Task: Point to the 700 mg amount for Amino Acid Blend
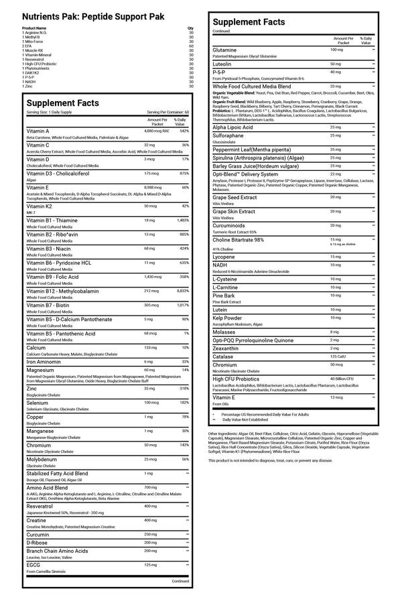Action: tap(149, 487)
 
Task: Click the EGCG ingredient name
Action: tap(33, 565)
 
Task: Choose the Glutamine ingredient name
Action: tap(224, 50)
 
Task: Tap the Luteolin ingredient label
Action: tap(223, 63)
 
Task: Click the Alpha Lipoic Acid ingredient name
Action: tap(232, 127)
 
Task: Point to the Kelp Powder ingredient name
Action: tap(228, 317)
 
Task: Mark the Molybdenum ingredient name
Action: tap(42, 459)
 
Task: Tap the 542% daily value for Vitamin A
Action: tap(184, 131)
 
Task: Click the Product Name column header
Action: tap(34, 28)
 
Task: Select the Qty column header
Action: tap(191, 28)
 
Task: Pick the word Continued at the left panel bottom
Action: tap(180, 581)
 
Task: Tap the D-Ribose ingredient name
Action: tap(37, 541)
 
